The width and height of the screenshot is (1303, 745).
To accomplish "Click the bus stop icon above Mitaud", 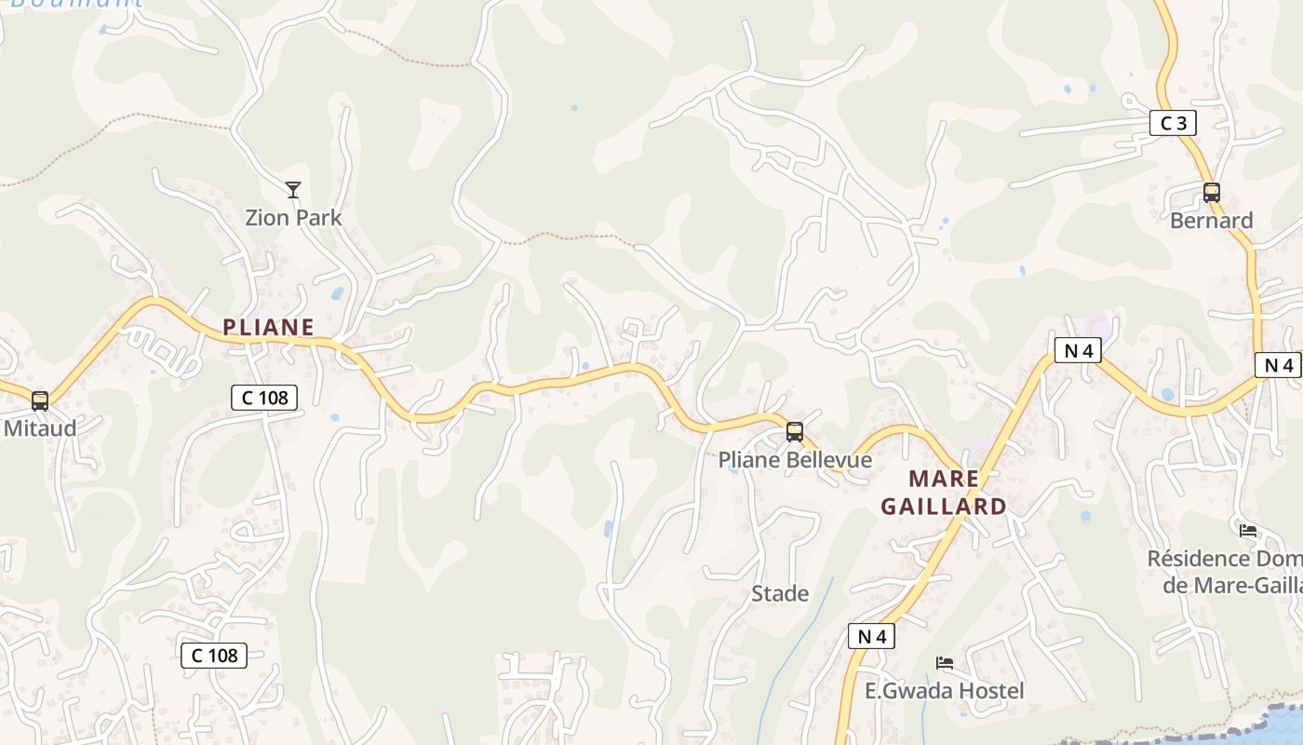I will tap(40, 401).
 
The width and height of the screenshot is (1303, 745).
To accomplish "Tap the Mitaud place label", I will tap(40, 428).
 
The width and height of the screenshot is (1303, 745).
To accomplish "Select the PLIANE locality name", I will tap(268, 327).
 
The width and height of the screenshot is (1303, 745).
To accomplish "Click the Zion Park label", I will tap(293, 218).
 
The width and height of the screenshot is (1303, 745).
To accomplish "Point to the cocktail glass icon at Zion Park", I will tap(293, 190).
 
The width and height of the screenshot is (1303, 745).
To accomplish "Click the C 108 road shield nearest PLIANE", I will tap(264, 398).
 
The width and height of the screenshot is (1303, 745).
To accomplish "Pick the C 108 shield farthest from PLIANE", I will tap(214, 655).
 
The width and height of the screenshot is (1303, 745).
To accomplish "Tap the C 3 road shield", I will tap(1173, 123).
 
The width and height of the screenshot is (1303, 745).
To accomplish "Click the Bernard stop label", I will tap(1212, 221).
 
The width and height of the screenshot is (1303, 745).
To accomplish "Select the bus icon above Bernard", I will tap(1212, 193).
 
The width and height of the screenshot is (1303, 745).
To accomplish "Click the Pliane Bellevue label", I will tap(795, 460).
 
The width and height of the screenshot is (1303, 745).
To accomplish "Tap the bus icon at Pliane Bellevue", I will tap(795, 432).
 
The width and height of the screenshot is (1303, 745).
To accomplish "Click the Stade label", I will tap(780, 593).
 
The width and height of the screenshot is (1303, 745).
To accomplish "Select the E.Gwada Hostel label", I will tap(945, 690).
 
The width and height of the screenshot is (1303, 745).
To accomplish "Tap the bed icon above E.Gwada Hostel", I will tap(945, 663).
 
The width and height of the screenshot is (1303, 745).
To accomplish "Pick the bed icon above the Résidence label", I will tap(1248, 531).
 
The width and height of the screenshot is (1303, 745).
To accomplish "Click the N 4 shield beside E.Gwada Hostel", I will tap(872, 637).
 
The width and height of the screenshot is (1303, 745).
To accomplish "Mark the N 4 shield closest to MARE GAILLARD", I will tap(1078, 351).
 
